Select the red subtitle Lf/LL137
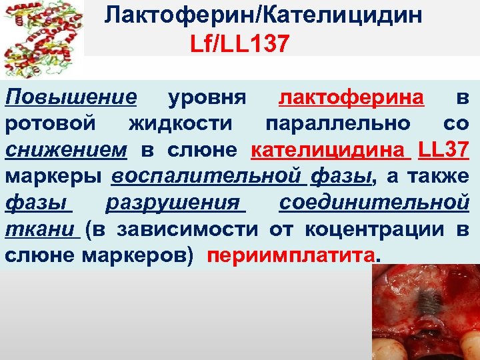tap(239, 45)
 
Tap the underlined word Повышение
tap(71, 98)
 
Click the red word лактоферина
tap(351, 98)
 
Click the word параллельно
tap(338, 124)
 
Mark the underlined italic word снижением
tap(65, 150)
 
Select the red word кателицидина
tap(331, 150)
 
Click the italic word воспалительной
tap(205, 176)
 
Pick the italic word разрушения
tap(175, 202)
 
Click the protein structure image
tap(42, 39)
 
